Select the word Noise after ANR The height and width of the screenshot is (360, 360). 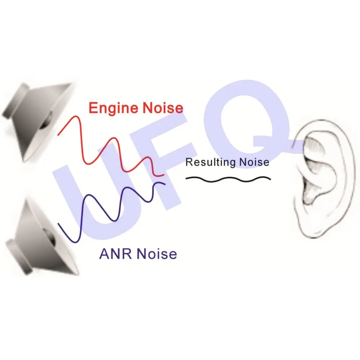click(x=157, y=254)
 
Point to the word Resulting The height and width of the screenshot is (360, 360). click(x=211, y=162)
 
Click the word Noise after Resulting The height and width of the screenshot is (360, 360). click(x=254, y=162)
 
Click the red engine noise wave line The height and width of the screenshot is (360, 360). click(x=111, y=146)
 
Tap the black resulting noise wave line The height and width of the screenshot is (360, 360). click(x=228, y=179)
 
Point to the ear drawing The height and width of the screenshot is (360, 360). click(x=324, y=179)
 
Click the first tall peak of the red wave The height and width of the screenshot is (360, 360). click(x=76, y=116)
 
